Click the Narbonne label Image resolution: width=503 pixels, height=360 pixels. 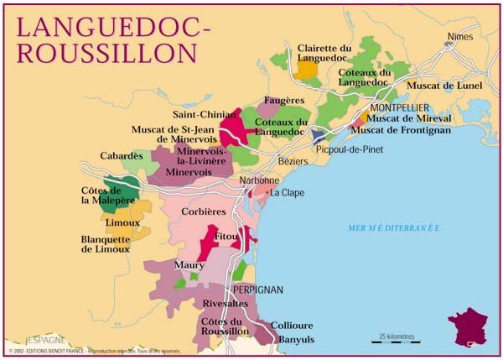(x=260, y=180)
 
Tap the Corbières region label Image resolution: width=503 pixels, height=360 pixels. (x=203, y=211)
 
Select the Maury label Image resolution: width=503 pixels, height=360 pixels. (x=189, y=265)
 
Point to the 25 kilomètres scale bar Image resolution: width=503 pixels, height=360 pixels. (x=395, y=340)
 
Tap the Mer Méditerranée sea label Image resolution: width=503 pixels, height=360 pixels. (x=394, y=228)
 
